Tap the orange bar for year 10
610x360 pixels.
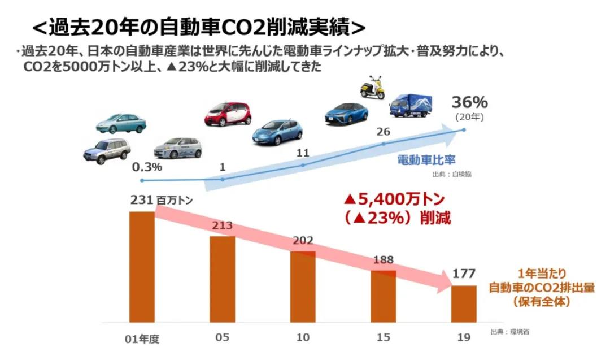coord(303,286)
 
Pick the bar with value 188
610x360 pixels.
coord(383,296)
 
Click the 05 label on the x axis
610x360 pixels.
coord(222,337)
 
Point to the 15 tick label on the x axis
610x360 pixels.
coord(383,337)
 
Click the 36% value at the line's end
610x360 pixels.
coord(469,102)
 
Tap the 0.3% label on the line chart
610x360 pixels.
coord(147,167)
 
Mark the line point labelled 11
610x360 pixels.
coord(303,165)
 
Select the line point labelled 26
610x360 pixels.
coord(384,144)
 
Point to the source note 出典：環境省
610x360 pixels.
coord(510,332)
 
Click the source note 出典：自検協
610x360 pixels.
coord(452,175)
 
